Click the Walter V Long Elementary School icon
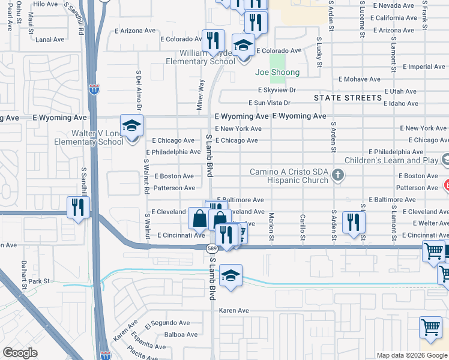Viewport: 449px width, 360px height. click(131, 126)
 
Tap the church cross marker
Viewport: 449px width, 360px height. click(338, 175)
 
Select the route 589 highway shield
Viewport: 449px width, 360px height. click(211, 248)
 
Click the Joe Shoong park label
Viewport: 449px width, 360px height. click(277, 73)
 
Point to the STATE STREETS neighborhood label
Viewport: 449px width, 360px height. click(348, 98)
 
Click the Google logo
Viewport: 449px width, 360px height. click(20, 353)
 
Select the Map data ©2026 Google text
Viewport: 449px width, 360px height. click(411, 355)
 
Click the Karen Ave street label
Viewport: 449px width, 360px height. click(234, 310)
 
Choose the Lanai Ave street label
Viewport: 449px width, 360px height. click(50, 40)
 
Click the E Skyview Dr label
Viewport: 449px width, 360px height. click(277, 89)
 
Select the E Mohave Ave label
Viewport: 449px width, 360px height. click(360, 79)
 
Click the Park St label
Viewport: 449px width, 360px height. click(38, 281)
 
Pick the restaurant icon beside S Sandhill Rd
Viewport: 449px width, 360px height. click(79, 207)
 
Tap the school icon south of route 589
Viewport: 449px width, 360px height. click(231, 275)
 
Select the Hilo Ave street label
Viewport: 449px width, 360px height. click(46, 4)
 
